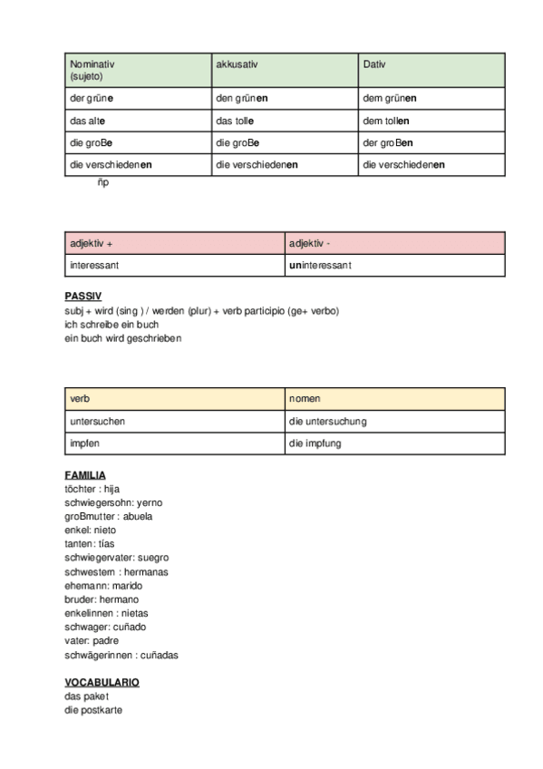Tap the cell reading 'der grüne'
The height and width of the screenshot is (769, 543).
pyautogui.click(x=92, y=97)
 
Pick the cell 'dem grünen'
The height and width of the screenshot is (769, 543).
pyautogui.click(x=389, y=97)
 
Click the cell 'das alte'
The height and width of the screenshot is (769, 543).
pyautogui.click(x=89, y=120)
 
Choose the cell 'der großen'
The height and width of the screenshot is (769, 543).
pyautogui.click(x=388, y=142)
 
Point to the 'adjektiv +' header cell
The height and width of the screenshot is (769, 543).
pyautogui.click(x=92, y=243)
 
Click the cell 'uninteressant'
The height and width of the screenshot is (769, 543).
pyautogui.click(x=321, y=266)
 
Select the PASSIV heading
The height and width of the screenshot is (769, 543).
pyautogui.click(x=83, y=296)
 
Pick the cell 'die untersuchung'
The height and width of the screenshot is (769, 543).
pyautogui.click(x=327, y=422)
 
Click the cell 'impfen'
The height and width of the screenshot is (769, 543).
pyautogui.click(x=84, y=444)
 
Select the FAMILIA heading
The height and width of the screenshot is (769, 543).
pyautogui.click(x=85, y=474)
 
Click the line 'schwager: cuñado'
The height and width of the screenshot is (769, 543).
pyautogui.click(x=105, y=627)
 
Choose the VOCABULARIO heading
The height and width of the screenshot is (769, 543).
pyautogui.click(x=102, y=681)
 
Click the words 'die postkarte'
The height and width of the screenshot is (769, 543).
pyautogui.click(x=93, y=710)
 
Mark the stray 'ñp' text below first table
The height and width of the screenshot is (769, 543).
pyautogui.click(x=103, y=182)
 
